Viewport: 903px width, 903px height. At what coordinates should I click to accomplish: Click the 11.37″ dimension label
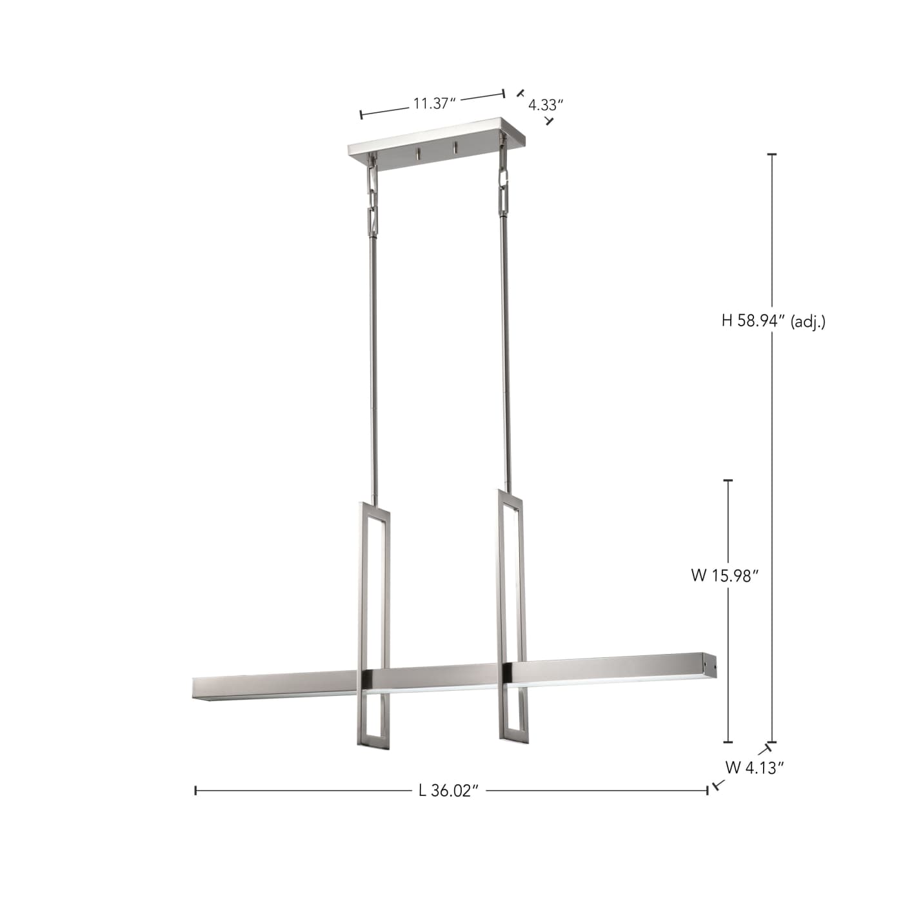point(435,103)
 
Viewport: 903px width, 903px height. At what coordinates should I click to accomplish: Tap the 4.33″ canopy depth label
point(546,105)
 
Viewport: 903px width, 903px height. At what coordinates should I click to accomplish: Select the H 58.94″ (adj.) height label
point(773,321)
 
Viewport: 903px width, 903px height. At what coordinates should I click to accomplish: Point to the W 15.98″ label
point(722,575)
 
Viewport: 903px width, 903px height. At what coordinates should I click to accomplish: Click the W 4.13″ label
point(754,768)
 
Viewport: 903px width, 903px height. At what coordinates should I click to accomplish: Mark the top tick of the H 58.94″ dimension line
point(771,155)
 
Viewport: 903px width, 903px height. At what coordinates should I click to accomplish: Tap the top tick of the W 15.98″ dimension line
point(729,481)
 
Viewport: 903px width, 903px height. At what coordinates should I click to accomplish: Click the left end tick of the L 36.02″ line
point(195,790)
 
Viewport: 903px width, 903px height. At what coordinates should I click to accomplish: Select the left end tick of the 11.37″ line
point(361,115)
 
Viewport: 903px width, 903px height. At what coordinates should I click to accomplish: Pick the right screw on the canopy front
point(455,148)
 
